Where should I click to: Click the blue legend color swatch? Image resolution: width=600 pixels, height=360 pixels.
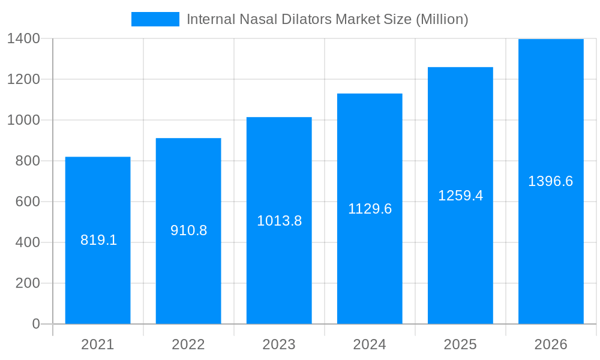155,19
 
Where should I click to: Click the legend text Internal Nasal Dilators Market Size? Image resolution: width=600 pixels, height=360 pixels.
327,19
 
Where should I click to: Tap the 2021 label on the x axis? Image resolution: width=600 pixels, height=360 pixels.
98,344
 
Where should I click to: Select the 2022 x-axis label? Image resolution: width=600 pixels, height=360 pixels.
188,344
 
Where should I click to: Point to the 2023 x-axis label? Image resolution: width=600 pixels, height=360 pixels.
279,344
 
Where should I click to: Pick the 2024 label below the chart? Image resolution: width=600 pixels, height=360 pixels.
370,344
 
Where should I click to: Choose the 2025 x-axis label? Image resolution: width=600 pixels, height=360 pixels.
460,344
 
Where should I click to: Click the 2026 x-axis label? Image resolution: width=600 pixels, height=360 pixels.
551,344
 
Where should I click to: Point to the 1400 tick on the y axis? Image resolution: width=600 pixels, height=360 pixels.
23,38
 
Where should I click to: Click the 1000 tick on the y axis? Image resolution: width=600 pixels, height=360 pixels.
23,120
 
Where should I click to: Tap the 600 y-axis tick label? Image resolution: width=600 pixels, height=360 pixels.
27,202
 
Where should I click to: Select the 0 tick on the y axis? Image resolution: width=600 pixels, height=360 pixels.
36,324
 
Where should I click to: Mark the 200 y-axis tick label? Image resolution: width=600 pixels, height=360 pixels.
27,283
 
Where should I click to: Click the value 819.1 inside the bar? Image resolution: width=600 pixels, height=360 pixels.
98,241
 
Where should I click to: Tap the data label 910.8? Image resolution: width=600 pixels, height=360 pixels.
188,230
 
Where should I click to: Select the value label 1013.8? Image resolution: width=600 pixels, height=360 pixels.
279,221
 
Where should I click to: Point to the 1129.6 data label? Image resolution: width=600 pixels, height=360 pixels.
370,209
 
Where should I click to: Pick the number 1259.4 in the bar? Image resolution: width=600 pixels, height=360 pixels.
460,196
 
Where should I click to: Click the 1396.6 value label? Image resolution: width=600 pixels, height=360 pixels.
550,181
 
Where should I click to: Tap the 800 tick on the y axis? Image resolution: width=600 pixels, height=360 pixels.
27,161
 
